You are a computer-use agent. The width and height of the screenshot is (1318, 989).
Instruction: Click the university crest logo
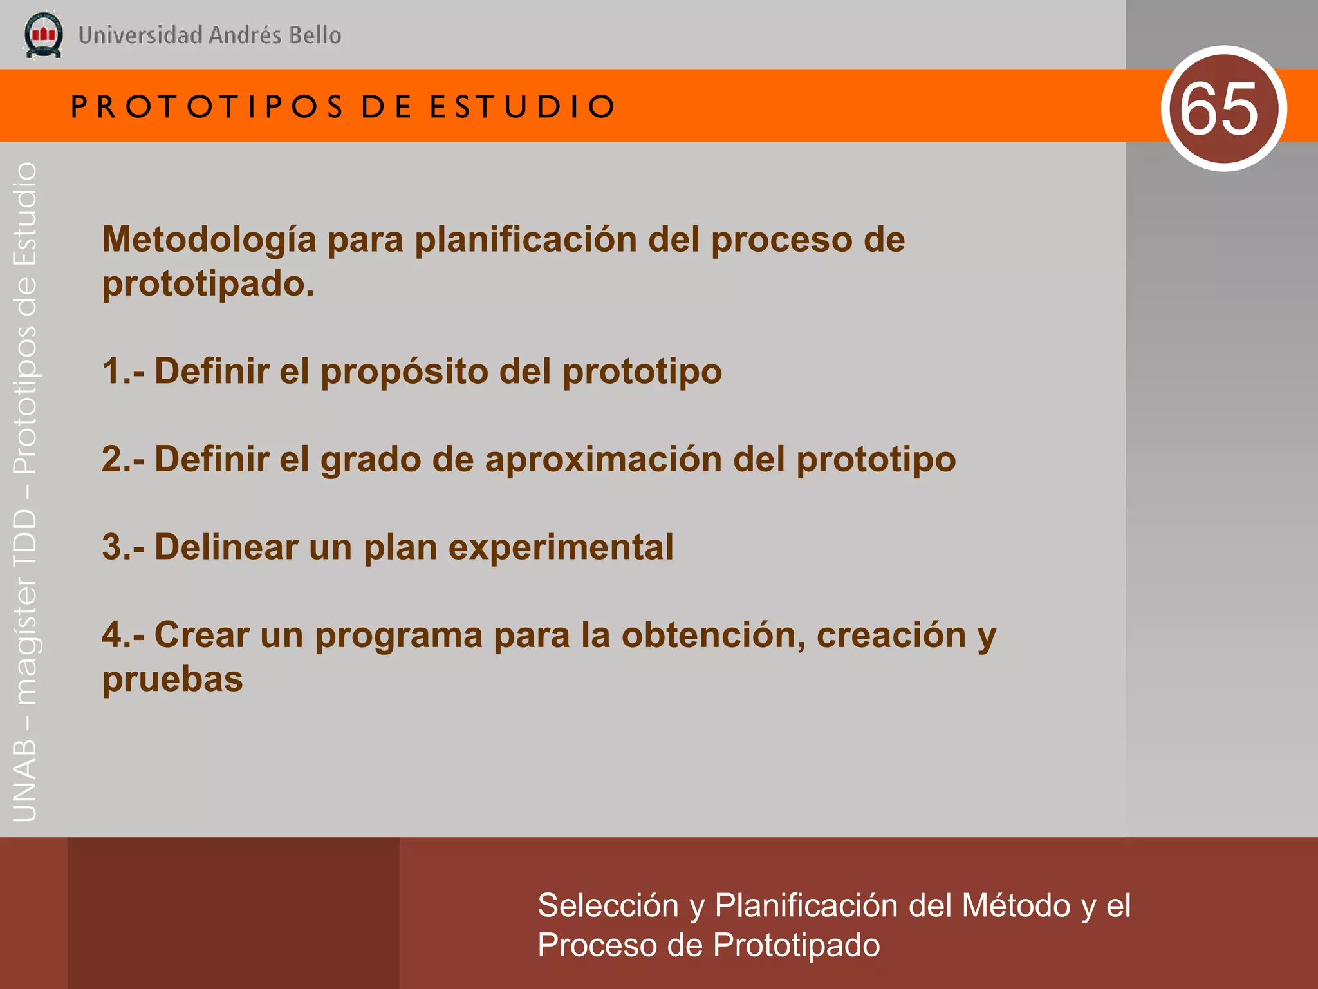[43, 35]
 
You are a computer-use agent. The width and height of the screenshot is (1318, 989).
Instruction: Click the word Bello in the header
[315, 35]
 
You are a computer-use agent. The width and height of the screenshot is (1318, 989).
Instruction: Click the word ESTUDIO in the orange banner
[523, 107]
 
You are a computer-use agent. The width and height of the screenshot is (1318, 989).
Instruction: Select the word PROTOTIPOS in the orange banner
[207, 107]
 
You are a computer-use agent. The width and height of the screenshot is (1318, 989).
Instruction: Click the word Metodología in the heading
[209, 240]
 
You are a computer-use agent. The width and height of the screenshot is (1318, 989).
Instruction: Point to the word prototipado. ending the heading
[208, 284]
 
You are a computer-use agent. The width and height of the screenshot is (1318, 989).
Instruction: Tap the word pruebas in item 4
[172, 680]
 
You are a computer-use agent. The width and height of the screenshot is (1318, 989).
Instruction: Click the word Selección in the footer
[608, 906]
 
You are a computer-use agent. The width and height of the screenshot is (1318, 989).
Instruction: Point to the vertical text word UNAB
[24, 781]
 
